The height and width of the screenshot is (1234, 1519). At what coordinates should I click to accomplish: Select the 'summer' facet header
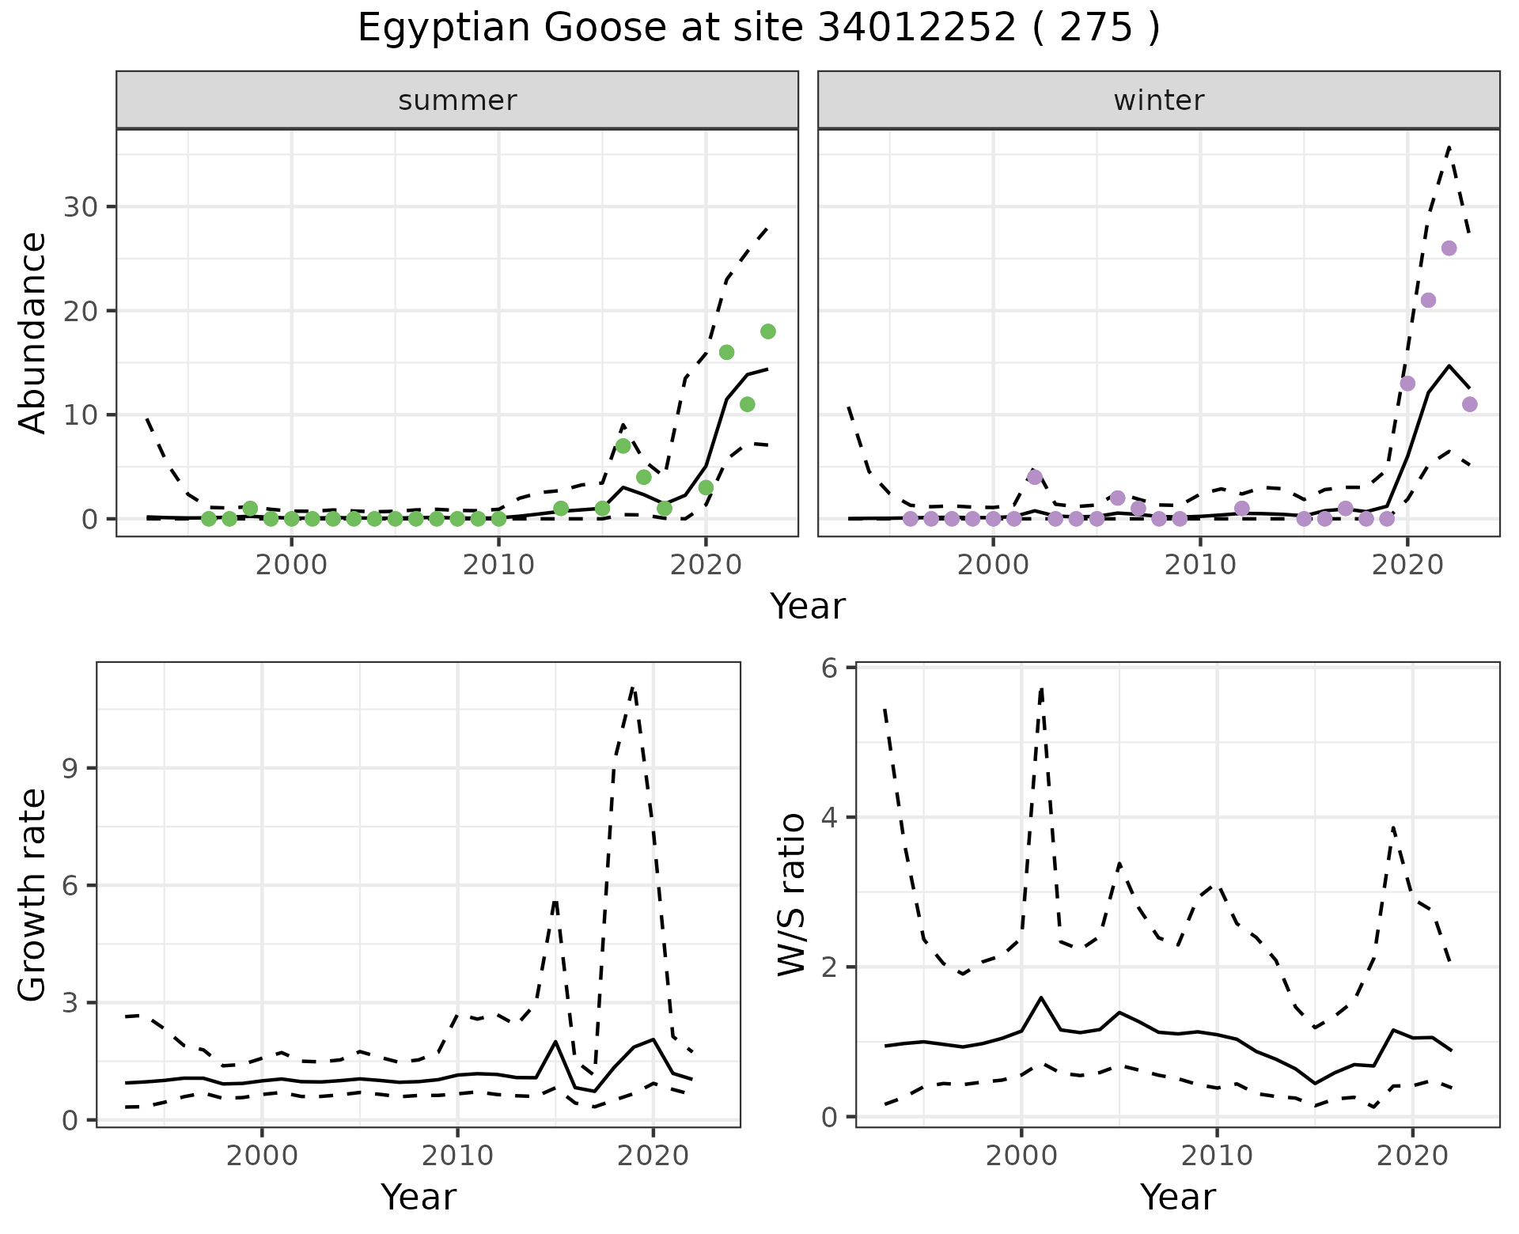[457, 100]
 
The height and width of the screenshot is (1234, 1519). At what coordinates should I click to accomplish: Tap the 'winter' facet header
[1158, 100]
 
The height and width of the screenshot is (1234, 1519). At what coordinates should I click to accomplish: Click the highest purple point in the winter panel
[1449, 248]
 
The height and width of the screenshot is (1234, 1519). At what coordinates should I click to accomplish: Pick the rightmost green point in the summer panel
[767, 331]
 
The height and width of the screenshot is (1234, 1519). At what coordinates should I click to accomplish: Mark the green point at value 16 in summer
[726, 352]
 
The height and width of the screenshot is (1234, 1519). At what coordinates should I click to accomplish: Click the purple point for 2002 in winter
[1035, 477]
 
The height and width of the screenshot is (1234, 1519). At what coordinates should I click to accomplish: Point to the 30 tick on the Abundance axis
[78, 207]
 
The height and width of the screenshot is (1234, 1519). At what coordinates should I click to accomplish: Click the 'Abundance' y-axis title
[33, 332]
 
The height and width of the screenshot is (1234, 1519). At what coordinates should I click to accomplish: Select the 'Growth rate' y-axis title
[33, 895]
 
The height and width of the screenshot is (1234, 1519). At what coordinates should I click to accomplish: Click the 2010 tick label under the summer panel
[498, 566]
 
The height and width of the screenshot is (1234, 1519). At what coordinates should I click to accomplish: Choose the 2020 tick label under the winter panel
[1407, 566]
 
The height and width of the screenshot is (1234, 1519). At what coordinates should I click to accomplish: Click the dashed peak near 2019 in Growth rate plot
[633, 688]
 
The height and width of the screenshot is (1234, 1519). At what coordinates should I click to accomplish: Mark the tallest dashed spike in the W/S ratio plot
[1041, 688]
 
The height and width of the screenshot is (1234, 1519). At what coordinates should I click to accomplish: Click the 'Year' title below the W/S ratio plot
[1177, 1198]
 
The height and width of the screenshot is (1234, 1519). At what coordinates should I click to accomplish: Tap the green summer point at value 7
[623, 446]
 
